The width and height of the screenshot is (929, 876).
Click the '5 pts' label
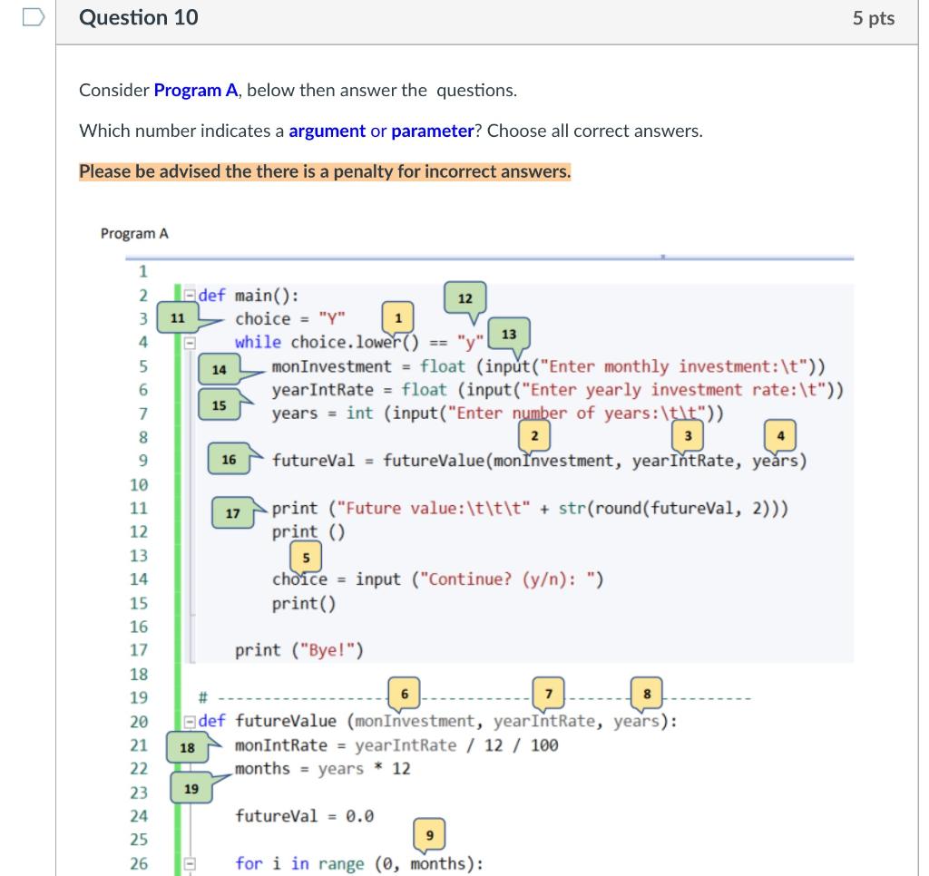point(873,18)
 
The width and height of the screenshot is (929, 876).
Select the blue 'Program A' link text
point(196,90)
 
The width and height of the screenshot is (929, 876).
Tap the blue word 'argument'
point(327,131)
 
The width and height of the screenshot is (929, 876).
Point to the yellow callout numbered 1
point(399,316)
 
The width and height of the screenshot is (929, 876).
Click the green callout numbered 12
point(464,298)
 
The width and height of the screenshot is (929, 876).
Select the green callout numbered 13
point(509,334)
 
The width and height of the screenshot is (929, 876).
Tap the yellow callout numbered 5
point(306,556)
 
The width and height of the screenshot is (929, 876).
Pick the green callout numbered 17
point(232,513)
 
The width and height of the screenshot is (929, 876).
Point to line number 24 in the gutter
point(139,816)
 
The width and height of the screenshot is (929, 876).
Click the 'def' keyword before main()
point(212,295)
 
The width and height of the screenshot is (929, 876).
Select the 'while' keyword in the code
point(259,342)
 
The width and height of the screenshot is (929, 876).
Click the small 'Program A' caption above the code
point(134,233)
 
